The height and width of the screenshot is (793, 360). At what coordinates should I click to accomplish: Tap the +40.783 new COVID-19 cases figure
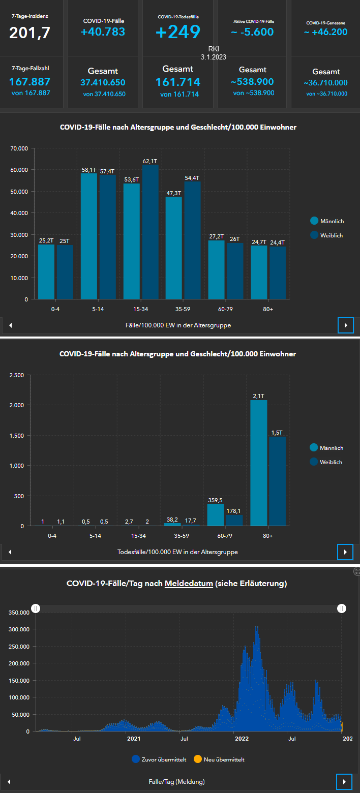(x=103, y=32)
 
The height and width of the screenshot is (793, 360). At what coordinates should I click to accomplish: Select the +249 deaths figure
(x=178, y=32)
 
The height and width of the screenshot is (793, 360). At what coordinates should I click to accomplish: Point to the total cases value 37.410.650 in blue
(x=103, y=82)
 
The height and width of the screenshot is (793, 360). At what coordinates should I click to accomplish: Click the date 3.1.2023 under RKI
(x=214, y=57)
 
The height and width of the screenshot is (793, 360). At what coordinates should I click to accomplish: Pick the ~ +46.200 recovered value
(x=325, y=32)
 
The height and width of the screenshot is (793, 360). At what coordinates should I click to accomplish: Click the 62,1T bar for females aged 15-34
(x=149, y=231)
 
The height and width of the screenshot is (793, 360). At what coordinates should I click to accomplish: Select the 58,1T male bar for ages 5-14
(x=88, y=236)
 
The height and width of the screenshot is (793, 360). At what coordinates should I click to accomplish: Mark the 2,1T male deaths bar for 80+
(x=258, y=463)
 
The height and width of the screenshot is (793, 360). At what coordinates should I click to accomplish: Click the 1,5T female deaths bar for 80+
(x=277, y=480)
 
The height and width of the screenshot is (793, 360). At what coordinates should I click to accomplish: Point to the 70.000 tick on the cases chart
(x=19, y=148)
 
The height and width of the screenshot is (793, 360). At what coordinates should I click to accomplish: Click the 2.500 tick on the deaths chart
(x=16, y=375)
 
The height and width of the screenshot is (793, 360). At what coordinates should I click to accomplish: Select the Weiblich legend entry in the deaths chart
(x=331, y=462)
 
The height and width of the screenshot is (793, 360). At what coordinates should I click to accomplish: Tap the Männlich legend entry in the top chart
(x=332, y=221)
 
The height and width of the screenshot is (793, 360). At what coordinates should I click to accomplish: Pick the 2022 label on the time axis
(x=242, y=738)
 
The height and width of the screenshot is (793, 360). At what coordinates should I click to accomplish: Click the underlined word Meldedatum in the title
(x=189, y=584)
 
